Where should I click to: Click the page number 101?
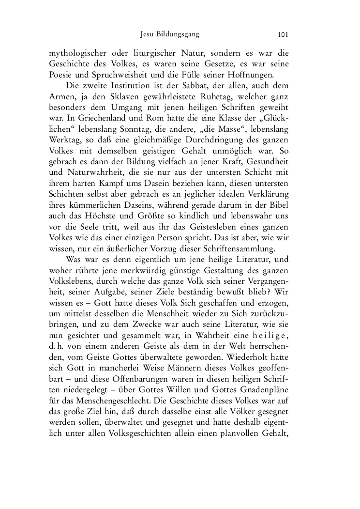(284, 34)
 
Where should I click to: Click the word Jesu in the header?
(147, 34)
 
